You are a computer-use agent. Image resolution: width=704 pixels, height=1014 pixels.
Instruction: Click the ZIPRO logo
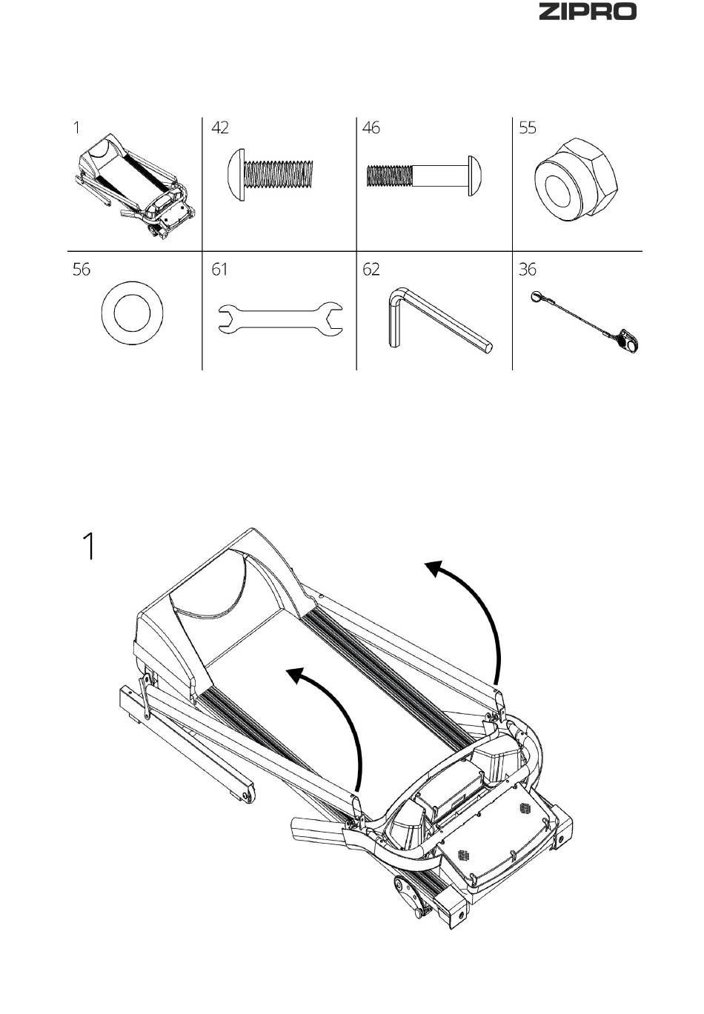587,11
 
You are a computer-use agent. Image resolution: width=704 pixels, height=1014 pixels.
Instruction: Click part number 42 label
219,127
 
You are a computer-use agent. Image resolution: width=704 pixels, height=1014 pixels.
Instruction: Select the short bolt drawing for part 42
270,175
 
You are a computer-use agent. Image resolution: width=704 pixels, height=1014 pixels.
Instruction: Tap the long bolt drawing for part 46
424,176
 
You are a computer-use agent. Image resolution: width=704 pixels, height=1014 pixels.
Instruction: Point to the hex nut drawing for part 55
576,180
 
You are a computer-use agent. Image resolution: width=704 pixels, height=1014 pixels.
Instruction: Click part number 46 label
371,127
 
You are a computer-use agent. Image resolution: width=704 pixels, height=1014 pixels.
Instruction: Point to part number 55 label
528,127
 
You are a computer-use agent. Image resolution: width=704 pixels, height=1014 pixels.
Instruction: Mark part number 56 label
82,270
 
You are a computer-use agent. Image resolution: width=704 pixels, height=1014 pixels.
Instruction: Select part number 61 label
219,270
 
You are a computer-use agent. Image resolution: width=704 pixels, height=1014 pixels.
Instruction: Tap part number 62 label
371,270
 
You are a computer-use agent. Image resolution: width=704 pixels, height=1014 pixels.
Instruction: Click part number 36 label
528,270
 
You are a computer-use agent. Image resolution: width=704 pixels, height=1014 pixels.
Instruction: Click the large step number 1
89,547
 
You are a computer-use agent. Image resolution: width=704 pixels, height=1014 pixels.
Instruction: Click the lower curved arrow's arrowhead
296,676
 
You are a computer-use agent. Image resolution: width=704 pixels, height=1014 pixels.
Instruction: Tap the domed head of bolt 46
474,176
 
